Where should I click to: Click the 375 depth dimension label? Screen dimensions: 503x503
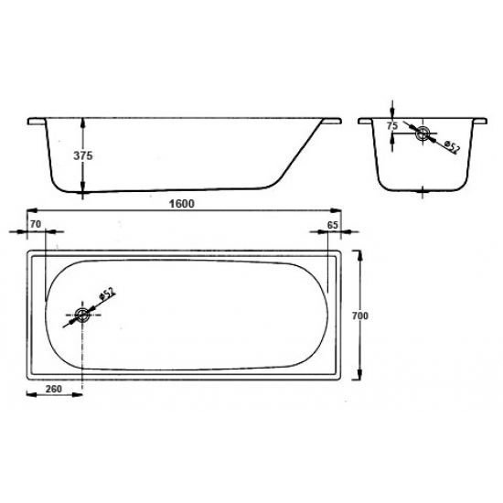[82, 155]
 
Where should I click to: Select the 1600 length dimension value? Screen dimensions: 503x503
[182, 204]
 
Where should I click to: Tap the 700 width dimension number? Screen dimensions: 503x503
[360, 316]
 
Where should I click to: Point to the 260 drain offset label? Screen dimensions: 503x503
[54, 389]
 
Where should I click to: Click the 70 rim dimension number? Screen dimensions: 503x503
[36, 224]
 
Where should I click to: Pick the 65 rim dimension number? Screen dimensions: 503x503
[332, 225]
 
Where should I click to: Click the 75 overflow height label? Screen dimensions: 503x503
[392, 126]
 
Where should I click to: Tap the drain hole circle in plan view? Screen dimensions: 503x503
[82, 315]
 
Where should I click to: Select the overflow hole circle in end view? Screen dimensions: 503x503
[423, 134]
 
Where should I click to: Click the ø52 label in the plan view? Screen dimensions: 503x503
[107, 294]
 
